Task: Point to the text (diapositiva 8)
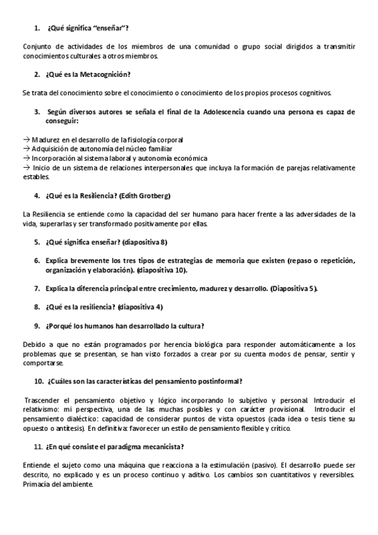(x=145, y=242)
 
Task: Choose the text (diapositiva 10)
(x=161, y=270)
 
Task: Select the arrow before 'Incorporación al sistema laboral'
(x=25, y=158)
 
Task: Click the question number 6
(x=37, y=261)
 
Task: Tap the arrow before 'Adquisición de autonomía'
(x=25, y=149)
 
